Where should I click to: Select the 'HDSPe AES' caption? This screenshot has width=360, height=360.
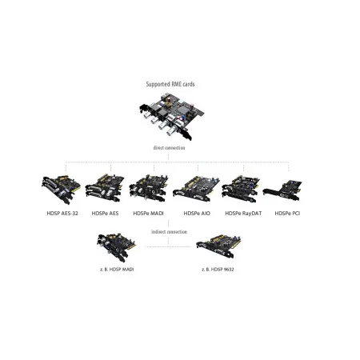click(106, 214)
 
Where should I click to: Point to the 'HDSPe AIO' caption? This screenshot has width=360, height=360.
click(197, 214)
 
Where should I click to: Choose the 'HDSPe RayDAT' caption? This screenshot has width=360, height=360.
click(243, 214)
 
